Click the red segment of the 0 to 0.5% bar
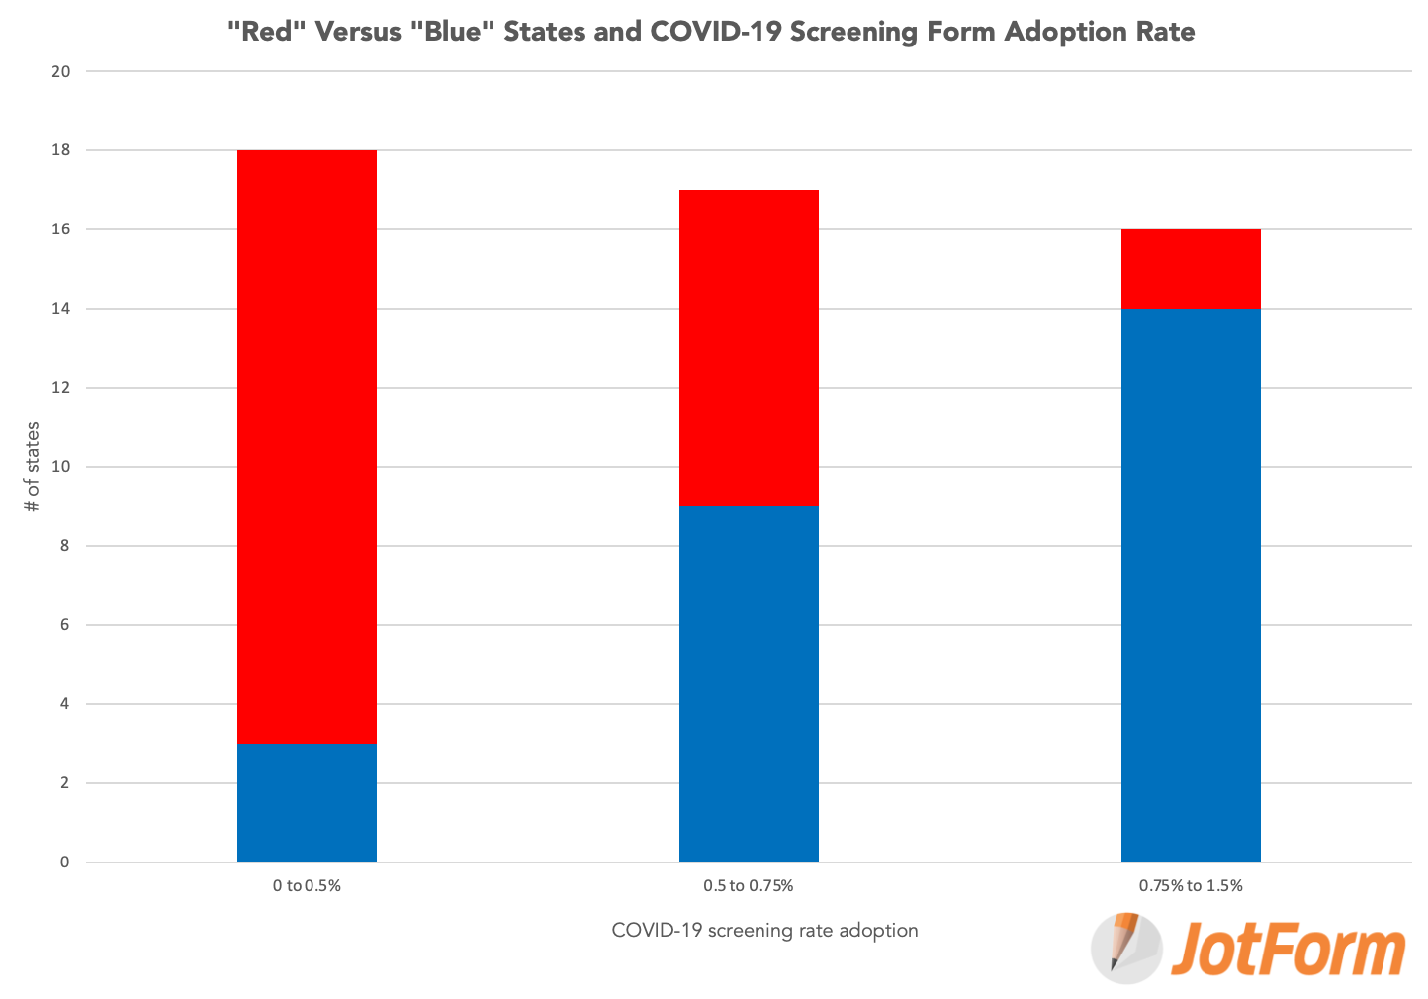(x=307, y=446)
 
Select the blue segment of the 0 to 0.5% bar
(x=307, y=802)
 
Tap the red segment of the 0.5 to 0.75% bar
(x=749, y=347)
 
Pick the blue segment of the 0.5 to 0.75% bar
(x=749, y=683)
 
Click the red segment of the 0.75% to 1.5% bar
(x=1191, y=269)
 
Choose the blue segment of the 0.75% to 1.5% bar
(x=1191, y=585)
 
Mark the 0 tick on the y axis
(x=65, y=863)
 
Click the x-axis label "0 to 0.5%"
(x=307, y=886)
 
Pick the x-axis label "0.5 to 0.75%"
(x=749, y=886)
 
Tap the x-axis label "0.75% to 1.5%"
(x=1191, y=886)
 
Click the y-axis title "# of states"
(x=33, y=467)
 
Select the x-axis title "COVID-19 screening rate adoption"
(x=764, y=931)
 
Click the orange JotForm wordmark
(x=1289, y=950)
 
